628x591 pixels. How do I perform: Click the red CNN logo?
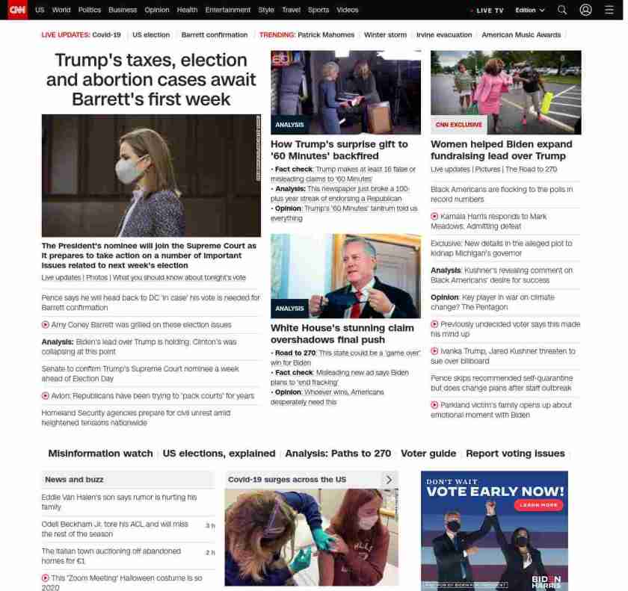(x=16, y=10)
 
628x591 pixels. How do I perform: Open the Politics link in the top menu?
(x=89, y=10)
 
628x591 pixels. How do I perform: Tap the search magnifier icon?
(x=562, y=10)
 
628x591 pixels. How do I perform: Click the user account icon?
(x=585, y=10)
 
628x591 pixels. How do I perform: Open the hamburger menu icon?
(x=609, y=10)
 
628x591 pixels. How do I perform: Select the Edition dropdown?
(x=530, y=10)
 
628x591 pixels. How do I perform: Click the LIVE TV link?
(x=488, y=10)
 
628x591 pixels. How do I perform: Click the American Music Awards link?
(x=521, y=35)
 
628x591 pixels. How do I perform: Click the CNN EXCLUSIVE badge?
(x=458, y=125)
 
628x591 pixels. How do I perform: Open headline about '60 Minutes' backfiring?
(x=339, y=149)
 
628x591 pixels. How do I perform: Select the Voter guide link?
(x=428, y=454)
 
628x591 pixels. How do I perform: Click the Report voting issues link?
(x=515, y=454)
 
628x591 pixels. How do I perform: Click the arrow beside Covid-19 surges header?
(x=389, y=480)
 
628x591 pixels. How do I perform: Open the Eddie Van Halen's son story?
(x=119, y=501)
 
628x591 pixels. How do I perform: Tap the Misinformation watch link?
(x=100, y=454)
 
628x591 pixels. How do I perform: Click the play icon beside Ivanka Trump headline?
(x=434, y=351)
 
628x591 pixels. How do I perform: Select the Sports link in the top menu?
(x=318, y=10)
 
